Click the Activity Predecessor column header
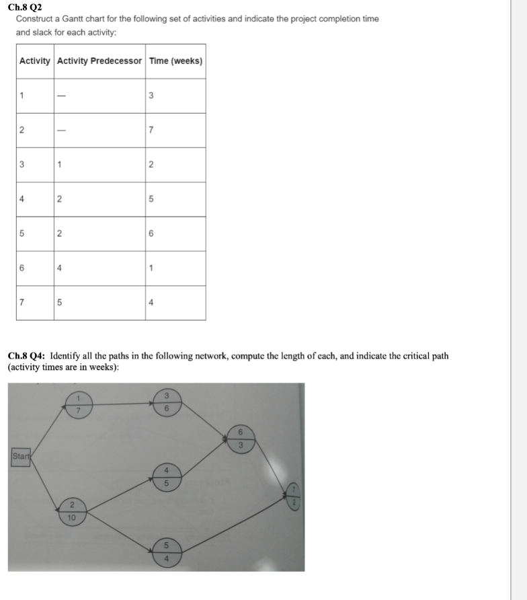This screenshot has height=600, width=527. tap(99, 61)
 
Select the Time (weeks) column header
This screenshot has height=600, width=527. tap(175, 61)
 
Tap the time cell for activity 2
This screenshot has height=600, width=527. tap(151, 130)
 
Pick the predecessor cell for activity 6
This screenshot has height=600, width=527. tap(60, 268)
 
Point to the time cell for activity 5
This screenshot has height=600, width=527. tap(151, 234)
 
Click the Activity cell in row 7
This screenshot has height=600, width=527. tap(22, 303)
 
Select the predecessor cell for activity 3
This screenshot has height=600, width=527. tap(60, 165)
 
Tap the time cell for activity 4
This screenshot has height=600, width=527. tap(151, 200)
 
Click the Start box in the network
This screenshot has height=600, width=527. tap(22, 458)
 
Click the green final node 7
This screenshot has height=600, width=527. tap(293, 496)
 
